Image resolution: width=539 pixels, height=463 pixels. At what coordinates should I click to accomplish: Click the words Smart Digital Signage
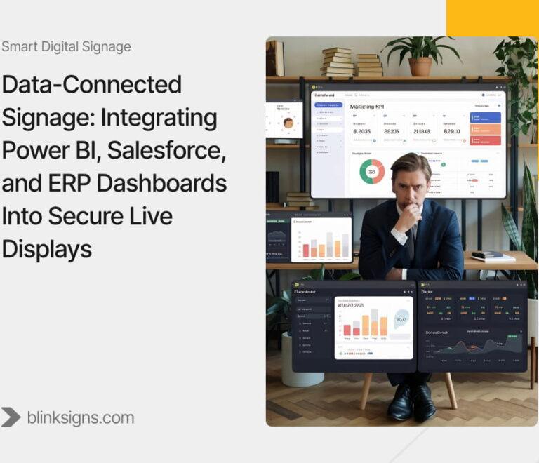tap(66, 47)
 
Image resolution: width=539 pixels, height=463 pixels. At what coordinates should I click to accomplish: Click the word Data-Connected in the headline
tap(91, 85)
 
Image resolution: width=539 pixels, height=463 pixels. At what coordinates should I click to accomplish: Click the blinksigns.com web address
tap(80, 417)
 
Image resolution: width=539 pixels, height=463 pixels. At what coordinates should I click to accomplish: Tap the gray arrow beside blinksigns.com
tap(11, 417)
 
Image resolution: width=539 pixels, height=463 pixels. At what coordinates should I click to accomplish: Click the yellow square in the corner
tap(493, 18)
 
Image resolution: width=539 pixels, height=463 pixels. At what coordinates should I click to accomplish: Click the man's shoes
tap(411, 402)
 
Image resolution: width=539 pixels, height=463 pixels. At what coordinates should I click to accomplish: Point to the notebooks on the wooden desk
tap(493, 257)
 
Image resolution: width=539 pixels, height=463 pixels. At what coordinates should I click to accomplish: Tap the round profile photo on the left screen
tap(288, 123)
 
